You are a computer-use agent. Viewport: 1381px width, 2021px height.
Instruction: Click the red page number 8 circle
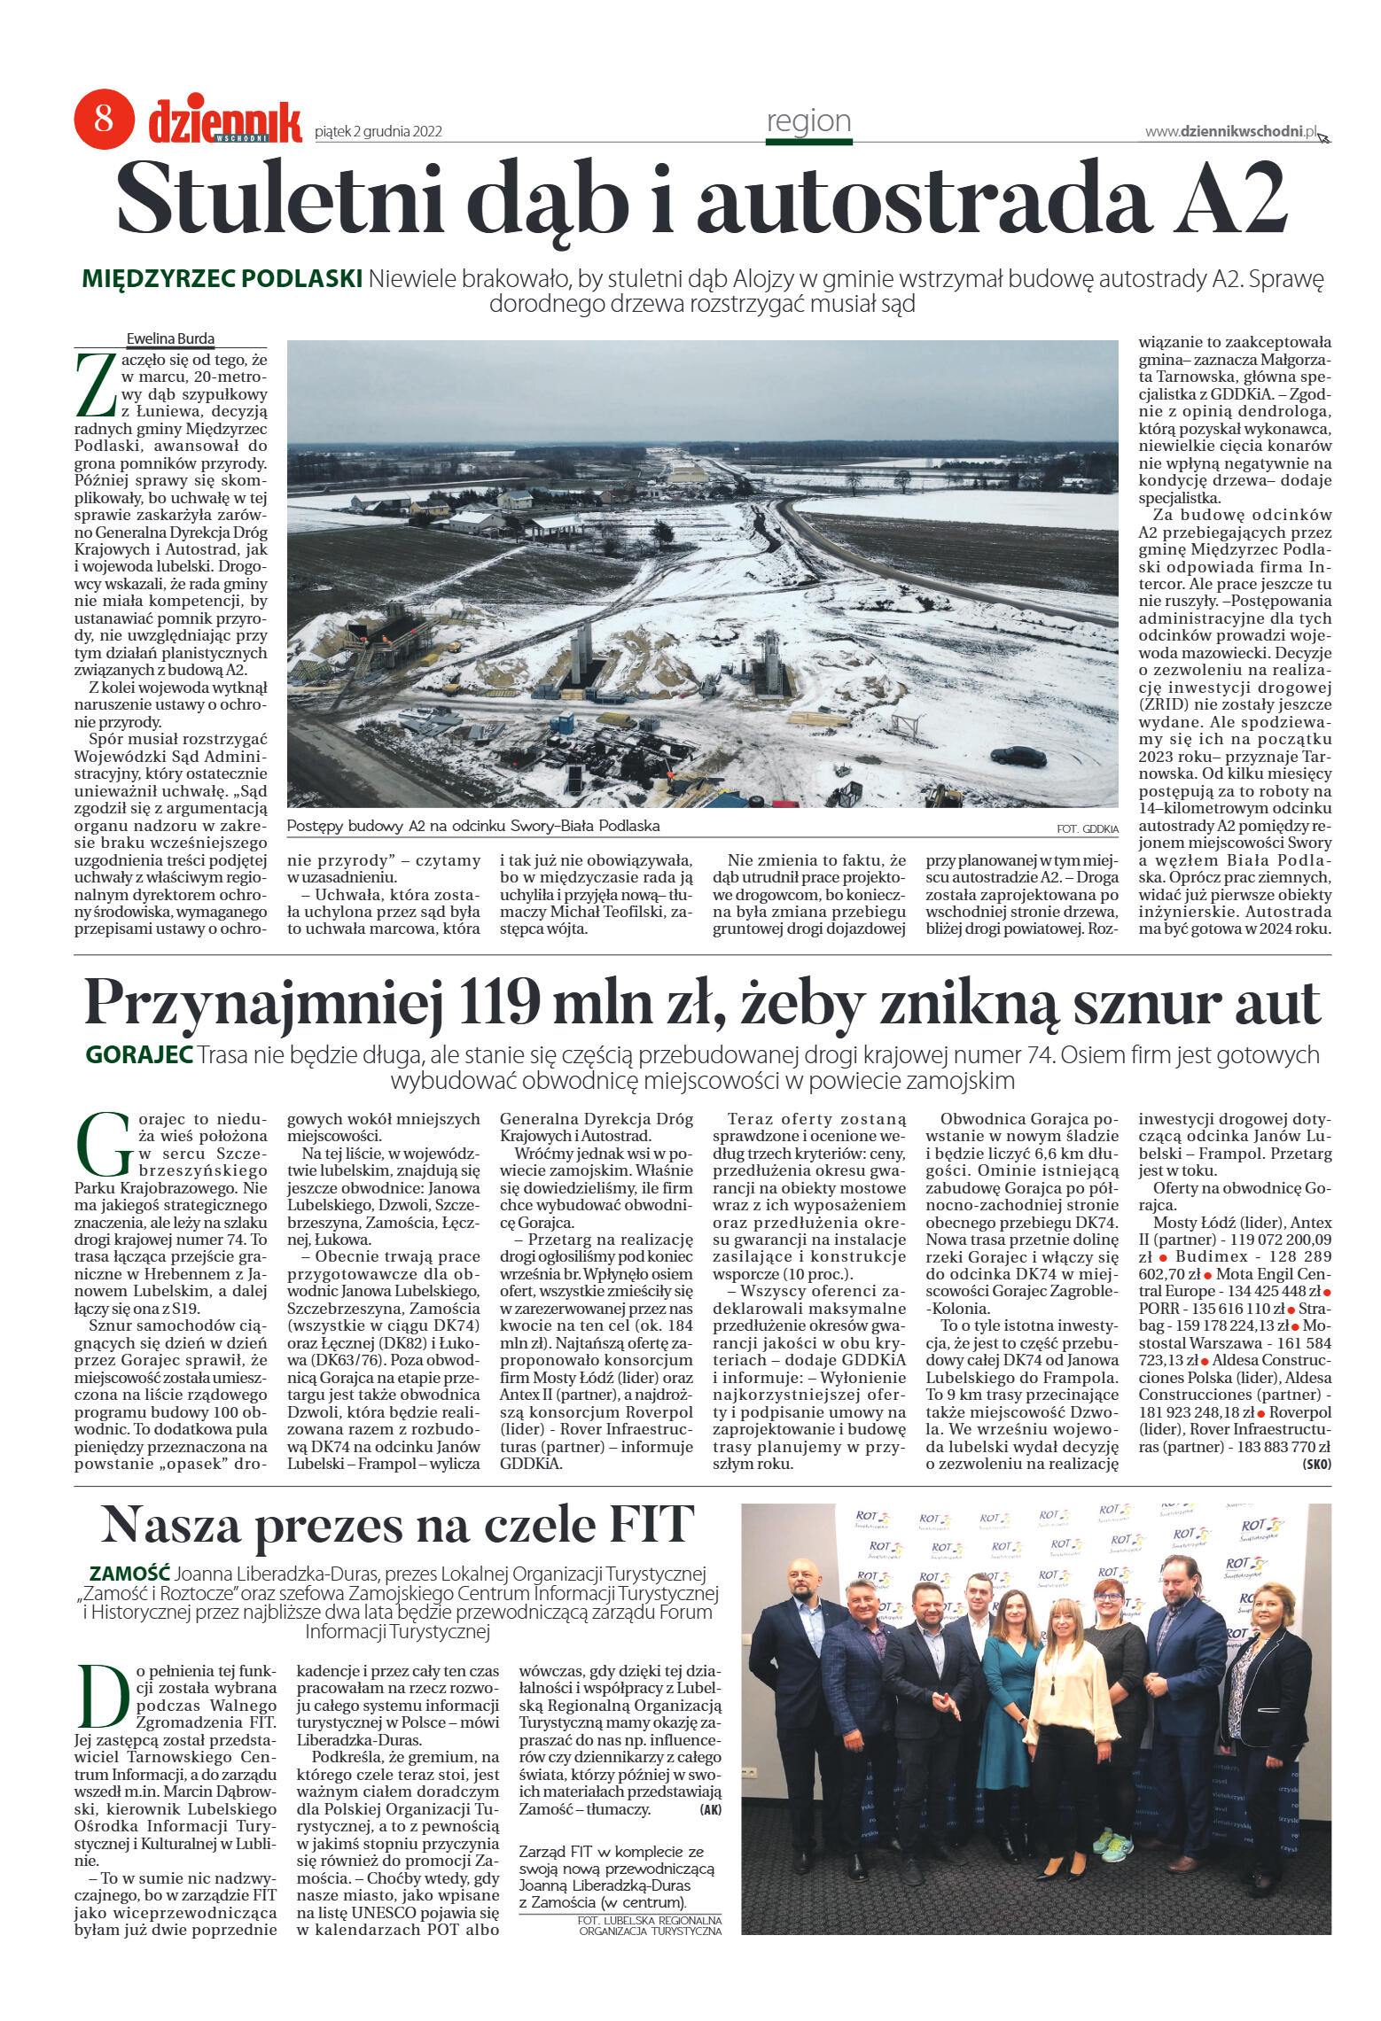[x=104, y=119]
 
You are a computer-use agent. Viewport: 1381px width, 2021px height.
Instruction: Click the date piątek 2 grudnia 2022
[x=378, y=132]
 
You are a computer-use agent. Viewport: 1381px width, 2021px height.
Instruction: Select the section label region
[x=808, y=121]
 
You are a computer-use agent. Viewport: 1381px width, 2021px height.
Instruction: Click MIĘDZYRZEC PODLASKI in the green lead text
[x=222, y=279]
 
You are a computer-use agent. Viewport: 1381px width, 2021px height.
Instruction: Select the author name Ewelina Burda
[x=170, y=338]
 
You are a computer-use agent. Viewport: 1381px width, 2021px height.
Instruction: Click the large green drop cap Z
[x=95, y=385]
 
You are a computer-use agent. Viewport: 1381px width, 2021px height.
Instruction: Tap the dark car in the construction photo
[x=1018, y=756]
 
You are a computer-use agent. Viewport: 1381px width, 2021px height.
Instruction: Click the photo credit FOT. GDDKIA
[x=1087, y=828]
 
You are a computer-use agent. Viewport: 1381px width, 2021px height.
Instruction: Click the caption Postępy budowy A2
[x=473, y=826]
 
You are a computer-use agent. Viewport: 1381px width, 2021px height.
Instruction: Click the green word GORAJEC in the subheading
[x=139, y=1055]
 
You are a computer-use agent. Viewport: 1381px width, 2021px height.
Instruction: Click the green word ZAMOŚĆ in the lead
[x=129, y=1574]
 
